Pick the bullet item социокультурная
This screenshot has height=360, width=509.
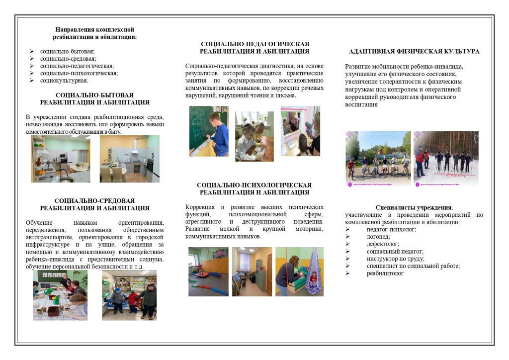tap(64, 80)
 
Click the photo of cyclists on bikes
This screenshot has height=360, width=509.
tap(378, 159)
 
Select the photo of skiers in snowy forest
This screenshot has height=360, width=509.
tap(446, 159)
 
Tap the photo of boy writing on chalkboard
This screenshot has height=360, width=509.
tap(209, 131)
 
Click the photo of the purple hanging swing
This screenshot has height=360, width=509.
tap(299, 271)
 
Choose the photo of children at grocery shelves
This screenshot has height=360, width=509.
tap(129, 295)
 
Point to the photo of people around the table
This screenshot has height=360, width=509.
tap(60, 295)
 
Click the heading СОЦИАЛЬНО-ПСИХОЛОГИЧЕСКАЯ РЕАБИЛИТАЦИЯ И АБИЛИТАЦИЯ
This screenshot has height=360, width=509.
tap(254, 188)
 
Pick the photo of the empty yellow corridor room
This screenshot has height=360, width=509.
tap(252, 271)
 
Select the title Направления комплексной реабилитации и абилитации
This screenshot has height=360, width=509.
tap(94, 33)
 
